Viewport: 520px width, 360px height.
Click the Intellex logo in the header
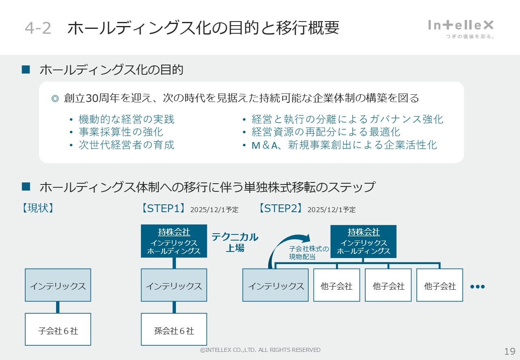(x=461, y=28)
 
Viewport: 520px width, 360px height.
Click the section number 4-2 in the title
(x=38, y=28)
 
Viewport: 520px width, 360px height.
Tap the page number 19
(x=509, y=351)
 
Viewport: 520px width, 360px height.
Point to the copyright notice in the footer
(x=260, y=350)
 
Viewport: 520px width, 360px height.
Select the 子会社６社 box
(x=58, y=330)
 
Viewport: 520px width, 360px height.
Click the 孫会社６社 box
(x=174, y=330)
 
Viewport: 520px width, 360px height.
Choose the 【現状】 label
(x=38, y=208)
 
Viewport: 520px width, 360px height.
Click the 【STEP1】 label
(x=163, y=208)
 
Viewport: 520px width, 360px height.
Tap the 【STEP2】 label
(x=280, y=208)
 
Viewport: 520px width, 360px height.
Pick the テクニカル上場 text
(x=235, y=242)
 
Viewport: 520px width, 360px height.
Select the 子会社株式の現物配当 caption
(x=309, y=253)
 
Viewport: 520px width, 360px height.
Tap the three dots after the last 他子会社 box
(x=477, y=286)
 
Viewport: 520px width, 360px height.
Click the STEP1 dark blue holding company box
(x=174, y=241)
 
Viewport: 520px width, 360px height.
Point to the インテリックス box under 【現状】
(x=58, y=285)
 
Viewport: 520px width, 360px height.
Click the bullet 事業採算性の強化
(x=121, y=132)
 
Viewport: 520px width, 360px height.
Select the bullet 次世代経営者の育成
(x=126, y=145)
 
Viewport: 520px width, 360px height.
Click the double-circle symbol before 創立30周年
(x=55, y=98)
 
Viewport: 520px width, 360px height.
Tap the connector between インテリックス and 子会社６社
(x=58, y=307)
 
